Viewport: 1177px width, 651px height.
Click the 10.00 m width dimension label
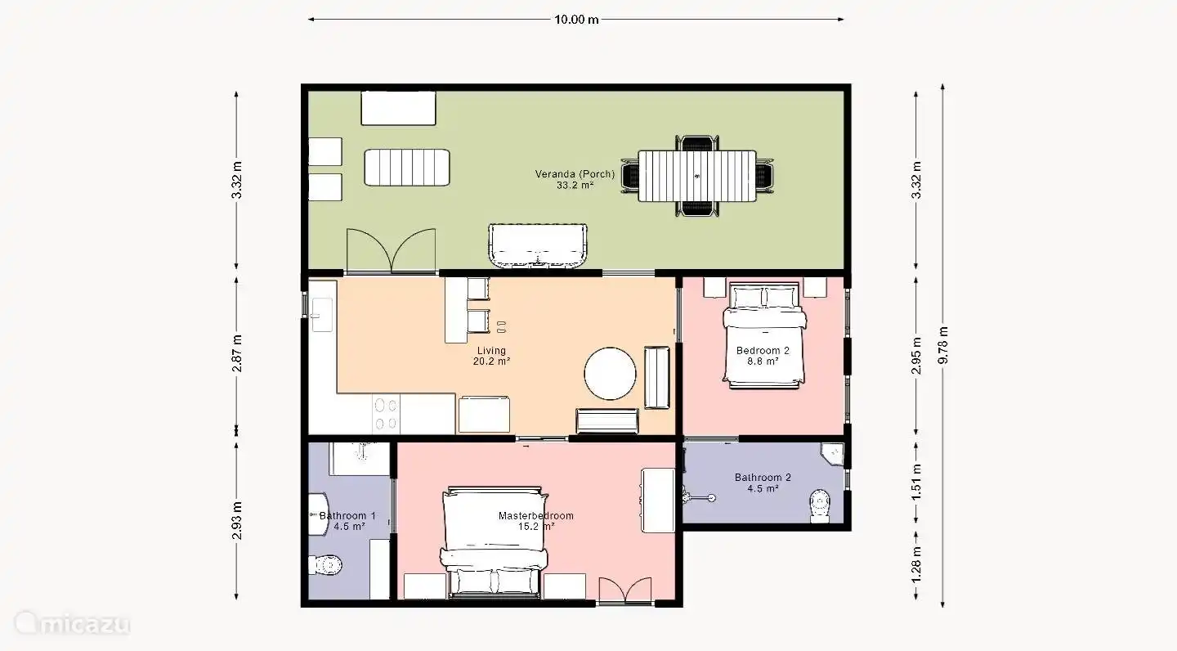(576, 20)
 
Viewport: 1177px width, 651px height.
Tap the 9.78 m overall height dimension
(943, 345)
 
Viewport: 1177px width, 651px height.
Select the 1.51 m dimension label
(916, 483)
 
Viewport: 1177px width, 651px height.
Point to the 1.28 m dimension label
(916, 565)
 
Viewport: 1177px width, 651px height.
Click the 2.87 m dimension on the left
(237, 353)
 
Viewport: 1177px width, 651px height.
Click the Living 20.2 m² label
(491, 356)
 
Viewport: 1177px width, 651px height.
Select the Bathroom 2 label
(763, 483)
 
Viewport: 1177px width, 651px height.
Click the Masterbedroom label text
(536, 515)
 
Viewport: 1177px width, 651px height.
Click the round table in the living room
(610, 374)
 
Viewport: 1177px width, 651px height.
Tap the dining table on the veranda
(697, 176)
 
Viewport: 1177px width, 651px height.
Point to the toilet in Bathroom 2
(820, 506)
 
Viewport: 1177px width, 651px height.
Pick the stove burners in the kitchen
(386, 414)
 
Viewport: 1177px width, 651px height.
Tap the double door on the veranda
(391, 251)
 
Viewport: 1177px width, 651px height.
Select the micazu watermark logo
(72, 623)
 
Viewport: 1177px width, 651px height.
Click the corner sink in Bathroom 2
(833, 454)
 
